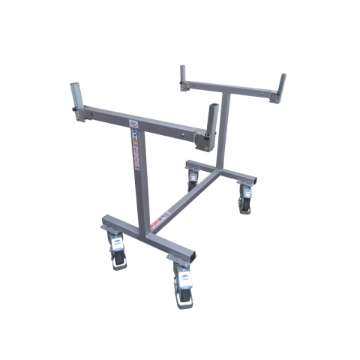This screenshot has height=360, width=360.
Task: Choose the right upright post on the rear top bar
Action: pos(283,86)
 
